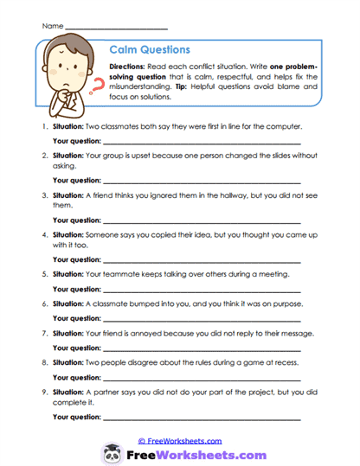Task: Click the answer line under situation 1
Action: coord(202,144)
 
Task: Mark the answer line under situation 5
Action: coord(202,290)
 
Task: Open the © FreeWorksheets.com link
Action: coord(180,441)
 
